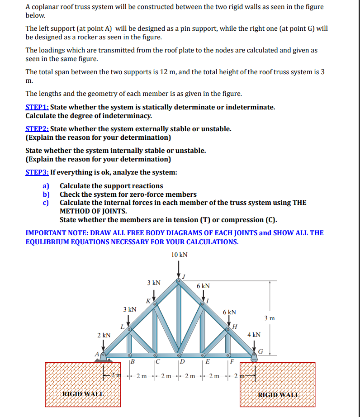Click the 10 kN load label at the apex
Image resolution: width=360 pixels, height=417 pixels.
click(180, 255)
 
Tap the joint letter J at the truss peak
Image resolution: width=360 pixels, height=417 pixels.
click(184, 275)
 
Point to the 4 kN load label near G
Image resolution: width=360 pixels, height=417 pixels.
click(254, 335)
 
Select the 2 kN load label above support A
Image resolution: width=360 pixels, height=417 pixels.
click(104, 335)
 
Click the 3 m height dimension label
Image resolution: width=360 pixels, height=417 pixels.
click(281, 318)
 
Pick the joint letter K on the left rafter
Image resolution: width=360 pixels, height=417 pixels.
click(148, 301)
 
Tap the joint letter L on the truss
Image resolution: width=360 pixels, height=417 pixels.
click(122, 327)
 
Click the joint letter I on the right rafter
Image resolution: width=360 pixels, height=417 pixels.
click(208, 300)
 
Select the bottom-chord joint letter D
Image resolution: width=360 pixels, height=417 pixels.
click(182, 361)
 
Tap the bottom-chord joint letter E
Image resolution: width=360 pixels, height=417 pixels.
click(208, 361)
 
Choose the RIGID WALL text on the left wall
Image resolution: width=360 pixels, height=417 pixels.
click(82, 394)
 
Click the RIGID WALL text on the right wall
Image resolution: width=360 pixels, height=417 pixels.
click(278, 394)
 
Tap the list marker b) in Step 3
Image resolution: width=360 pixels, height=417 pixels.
click(46, 194)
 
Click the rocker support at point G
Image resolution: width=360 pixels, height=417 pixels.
click(254, 355)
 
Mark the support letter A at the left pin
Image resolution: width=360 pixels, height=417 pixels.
click(96, 354)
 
